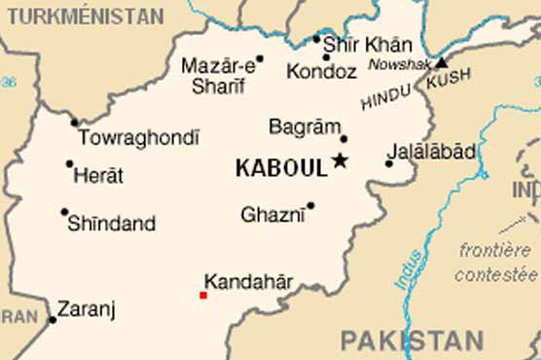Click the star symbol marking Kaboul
click(x=340, y=161)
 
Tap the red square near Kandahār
click(x=203, y=295)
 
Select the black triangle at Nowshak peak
click(x=441, y=61)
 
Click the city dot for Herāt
click(x=69, y=164)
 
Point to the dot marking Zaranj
click(x=52, y=319)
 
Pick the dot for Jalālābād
click(x=389, y=163)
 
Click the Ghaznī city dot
click(x=310, y=205)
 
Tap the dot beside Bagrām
click(x=343, y=139)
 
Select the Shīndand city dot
click(x=64, y=212)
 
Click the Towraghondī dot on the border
click(x=74, y=123)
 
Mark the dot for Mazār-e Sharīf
click(x=260, y=58)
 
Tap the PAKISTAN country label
click(x=412, y=341)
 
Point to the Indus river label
click(x=410, y=269)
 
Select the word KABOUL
click(x=280, y=168)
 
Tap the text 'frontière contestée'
click(x=495, y=262)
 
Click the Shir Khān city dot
click(x=316, y=40)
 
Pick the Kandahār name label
click(x=249, y=283)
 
